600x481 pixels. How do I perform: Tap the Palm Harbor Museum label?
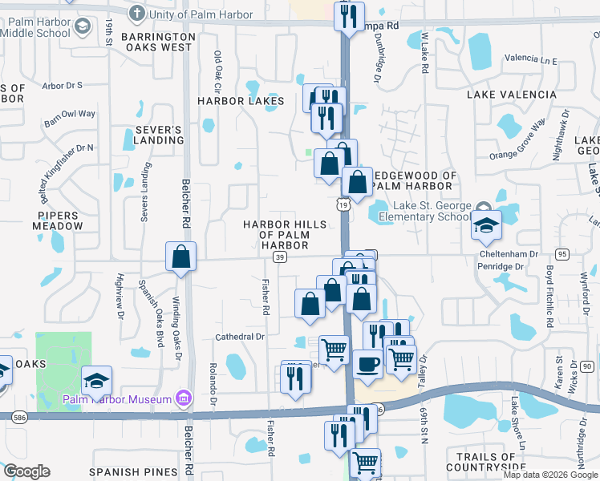(118, 399)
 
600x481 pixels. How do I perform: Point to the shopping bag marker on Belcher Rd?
(181, 257)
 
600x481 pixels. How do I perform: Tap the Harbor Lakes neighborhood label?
(241, 101)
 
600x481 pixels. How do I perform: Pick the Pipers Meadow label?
(60, 220)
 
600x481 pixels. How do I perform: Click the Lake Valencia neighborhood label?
(511, 95)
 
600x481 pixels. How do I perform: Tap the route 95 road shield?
(561, 254)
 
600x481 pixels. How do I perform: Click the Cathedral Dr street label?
(239, 338)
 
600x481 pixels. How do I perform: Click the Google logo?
(26, 471)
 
